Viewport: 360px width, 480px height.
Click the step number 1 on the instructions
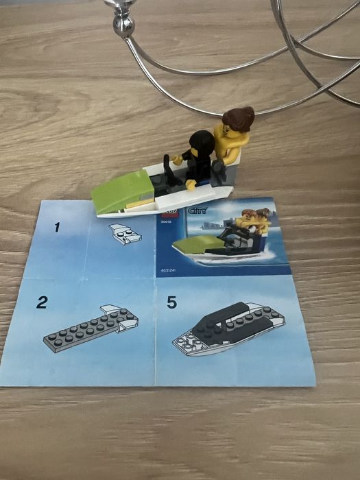tap(58, 226)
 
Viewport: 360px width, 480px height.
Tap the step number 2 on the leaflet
tap(42, 302)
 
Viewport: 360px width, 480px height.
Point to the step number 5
tap(171, 301)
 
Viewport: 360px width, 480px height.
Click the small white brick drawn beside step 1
tap(125, 233)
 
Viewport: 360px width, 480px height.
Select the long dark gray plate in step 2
tap(82, 332)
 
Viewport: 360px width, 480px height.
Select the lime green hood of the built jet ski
tap(124, 187)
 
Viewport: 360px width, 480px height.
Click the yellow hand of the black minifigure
tap(191, 184)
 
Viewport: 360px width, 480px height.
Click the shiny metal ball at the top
tap(123, 25)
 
